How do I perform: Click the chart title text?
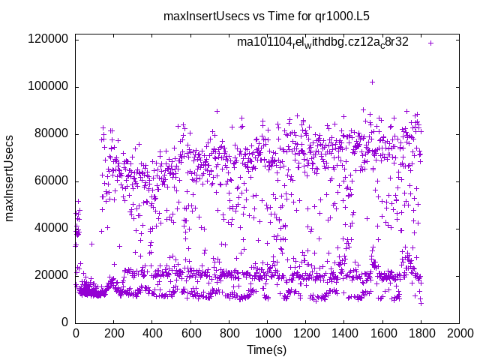pyautogui.click(x=266, y=15)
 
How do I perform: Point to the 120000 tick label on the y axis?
pyautogui.click(x=48, y=39)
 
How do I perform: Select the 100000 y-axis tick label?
pyautogui.click(x=48, y=86)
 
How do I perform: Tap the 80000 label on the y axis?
pyautogui.click(x=51, y=133)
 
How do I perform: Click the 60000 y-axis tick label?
pyautogui.click(x=51, y=181)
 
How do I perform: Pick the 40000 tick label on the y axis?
pyautogui.click(x=51, y=228)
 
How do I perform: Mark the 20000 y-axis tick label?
pyautogui.click(x=51, y=275)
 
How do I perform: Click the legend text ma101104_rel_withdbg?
pyautogui.click(x=322, y=43)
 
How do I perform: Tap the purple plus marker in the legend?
pyautogui.click(x=430, y=43)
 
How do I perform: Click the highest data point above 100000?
pyautogui.click(x=372, y=82)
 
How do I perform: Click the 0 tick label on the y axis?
pyautogui.click(x=65, y=322)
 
